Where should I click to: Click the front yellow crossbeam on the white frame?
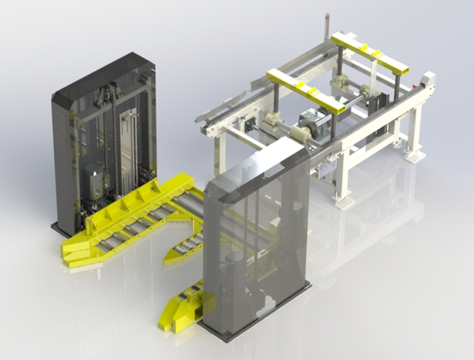click(306, 90)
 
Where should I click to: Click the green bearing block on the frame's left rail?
click(250, 124)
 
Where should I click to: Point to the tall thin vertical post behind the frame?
click(327, 26)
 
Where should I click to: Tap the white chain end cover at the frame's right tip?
click(429, 80)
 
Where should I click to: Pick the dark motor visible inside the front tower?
click(234, 273)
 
